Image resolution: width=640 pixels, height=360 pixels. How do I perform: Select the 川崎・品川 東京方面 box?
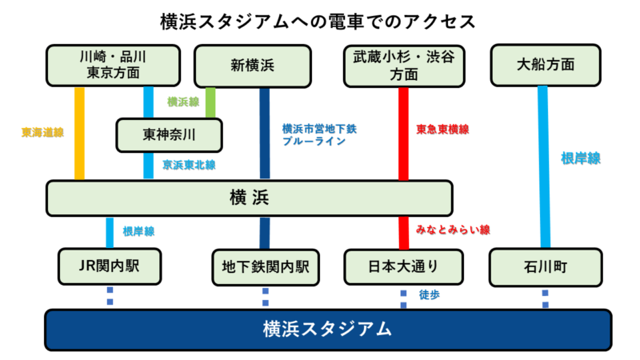[x=113, y=65]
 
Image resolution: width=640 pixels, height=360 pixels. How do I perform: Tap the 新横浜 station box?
[x=252, y=65]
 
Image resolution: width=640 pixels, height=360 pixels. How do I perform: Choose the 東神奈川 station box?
[x=168, y=134]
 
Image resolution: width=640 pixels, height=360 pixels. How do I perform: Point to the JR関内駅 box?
[x=110, y=266]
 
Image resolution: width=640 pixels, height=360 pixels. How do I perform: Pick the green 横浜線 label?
[x=183, y=102]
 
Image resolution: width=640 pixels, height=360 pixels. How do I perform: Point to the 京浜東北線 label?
[x=189, y=165]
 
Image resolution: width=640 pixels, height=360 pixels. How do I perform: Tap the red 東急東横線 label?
[x=442, y=129]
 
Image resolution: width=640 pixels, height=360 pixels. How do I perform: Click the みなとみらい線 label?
[x=453, y=230]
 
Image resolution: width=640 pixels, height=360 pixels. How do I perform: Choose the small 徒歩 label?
[x=430, y=294]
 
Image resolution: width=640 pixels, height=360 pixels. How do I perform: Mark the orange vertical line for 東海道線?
[x=79, y=134]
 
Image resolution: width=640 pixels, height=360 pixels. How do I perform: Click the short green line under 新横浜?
[x=210, y=102]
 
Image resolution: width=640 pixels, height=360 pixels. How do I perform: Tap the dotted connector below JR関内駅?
[x=110, y=296]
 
